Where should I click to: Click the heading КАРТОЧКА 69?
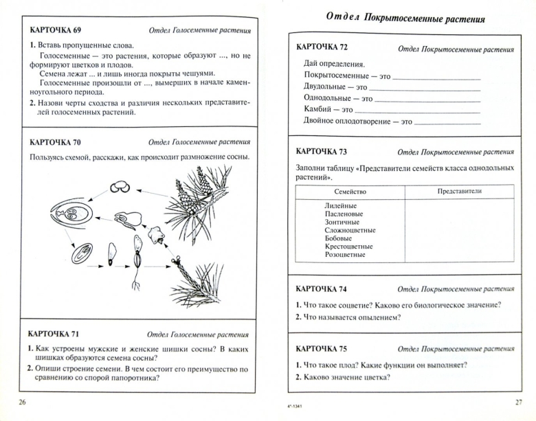(53, 31)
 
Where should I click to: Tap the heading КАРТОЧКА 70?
(53, 143)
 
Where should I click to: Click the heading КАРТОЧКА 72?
(322, 47)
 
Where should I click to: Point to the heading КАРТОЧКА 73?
(322, 151)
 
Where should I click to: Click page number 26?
(23, 402)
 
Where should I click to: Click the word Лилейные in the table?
(341, 205)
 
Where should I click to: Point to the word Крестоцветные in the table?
(349, 246)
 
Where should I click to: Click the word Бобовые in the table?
(339, 238)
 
